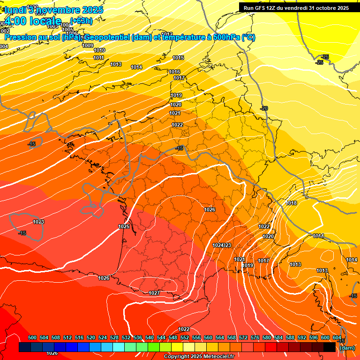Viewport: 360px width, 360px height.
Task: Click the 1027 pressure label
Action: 154,293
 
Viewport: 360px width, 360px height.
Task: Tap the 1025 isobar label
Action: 124,226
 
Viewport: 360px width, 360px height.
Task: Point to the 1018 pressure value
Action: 291,203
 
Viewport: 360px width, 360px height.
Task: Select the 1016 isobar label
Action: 174,72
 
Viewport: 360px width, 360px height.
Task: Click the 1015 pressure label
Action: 178,58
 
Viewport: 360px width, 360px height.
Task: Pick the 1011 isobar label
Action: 98,58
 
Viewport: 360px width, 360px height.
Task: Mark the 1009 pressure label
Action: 88,45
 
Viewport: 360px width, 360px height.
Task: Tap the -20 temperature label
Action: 264,108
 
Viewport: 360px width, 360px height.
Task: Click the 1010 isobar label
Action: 99,50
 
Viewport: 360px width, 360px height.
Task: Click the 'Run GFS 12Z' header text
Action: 262,8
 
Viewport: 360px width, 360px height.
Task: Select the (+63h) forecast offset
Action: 81,21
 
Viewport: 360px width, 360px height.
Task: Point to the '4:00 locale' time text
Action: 33,21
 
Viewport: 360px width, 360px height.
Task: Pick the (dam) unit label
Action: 347,347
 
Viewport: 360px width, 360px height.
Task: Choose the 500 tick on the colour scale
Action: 32,337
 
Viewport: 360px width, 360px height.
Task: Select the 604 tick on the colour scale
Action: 337,337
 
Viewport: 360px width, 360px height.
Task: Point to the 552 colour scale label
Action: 185,337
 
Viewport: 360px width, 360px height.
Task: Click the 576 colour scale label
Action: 255,337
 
